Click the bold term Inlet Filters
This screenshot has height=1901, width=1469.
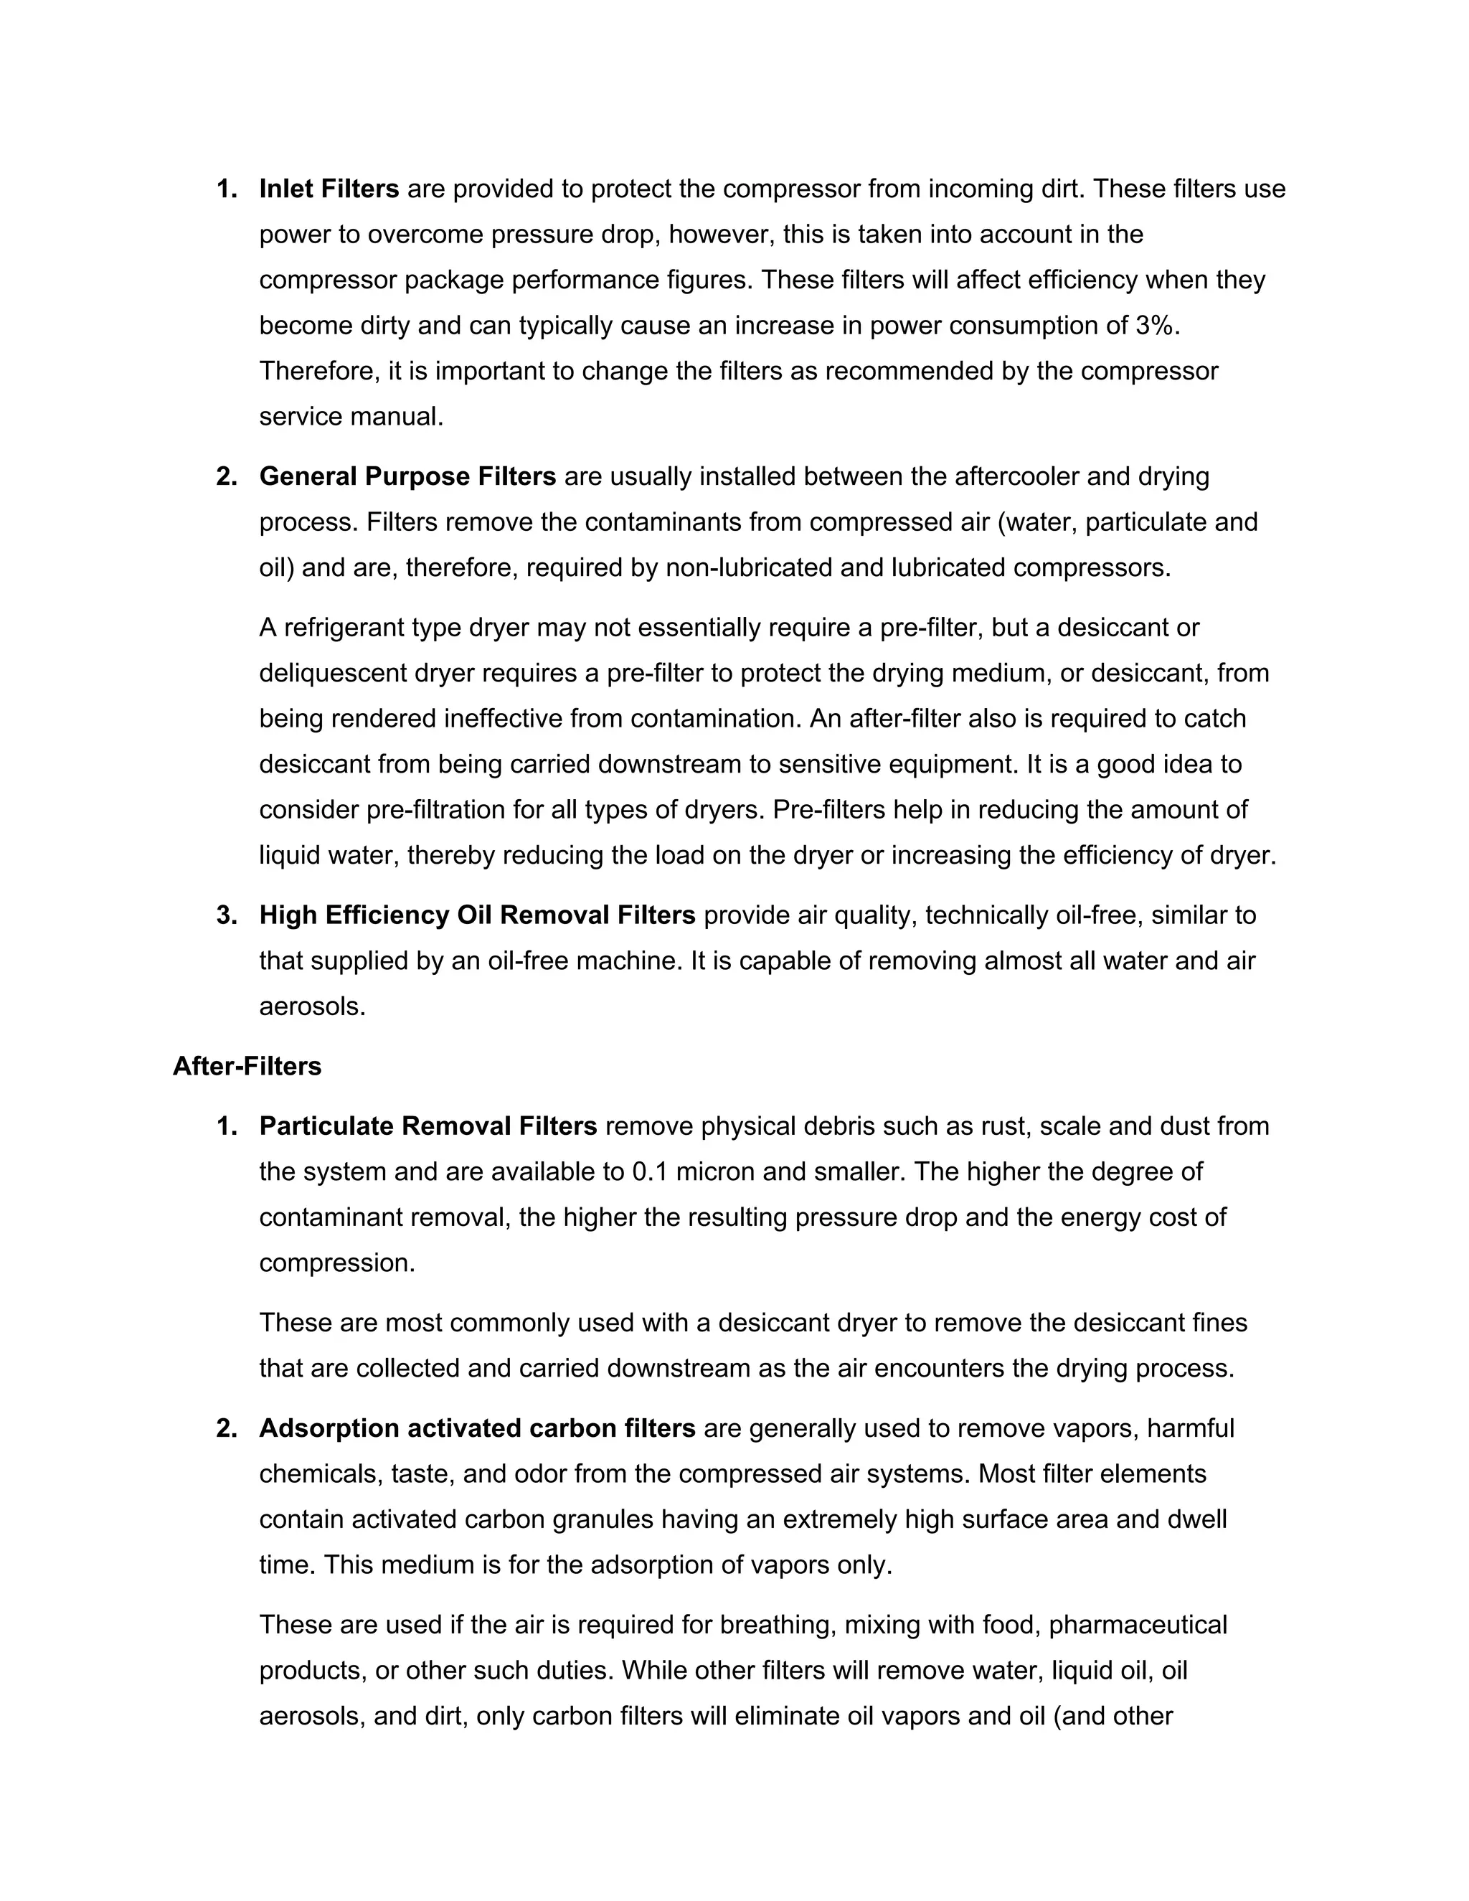[x=329, y=189]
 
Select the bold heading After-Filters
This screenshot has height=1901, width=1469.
[x=247, y=1066]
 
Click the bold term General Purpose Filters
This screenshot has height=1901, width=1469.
[x=407, y=477]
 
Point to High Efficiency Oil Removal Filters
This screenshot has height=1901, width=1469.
[x=477, y=915]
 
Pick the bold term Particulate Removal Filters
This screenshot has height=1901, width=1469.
[x=428, y=1126]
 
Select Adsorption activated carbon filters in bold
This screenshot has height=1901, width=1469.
[x=477, y=1428]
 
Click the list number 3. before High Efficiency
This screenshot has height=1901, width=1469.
[x=226, y=915]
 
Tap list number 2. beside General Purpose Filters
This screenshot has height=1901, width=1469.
[x=226, y=477]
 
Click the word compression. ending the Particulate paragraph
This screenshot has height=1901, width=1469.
[x=337, y=1263]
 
